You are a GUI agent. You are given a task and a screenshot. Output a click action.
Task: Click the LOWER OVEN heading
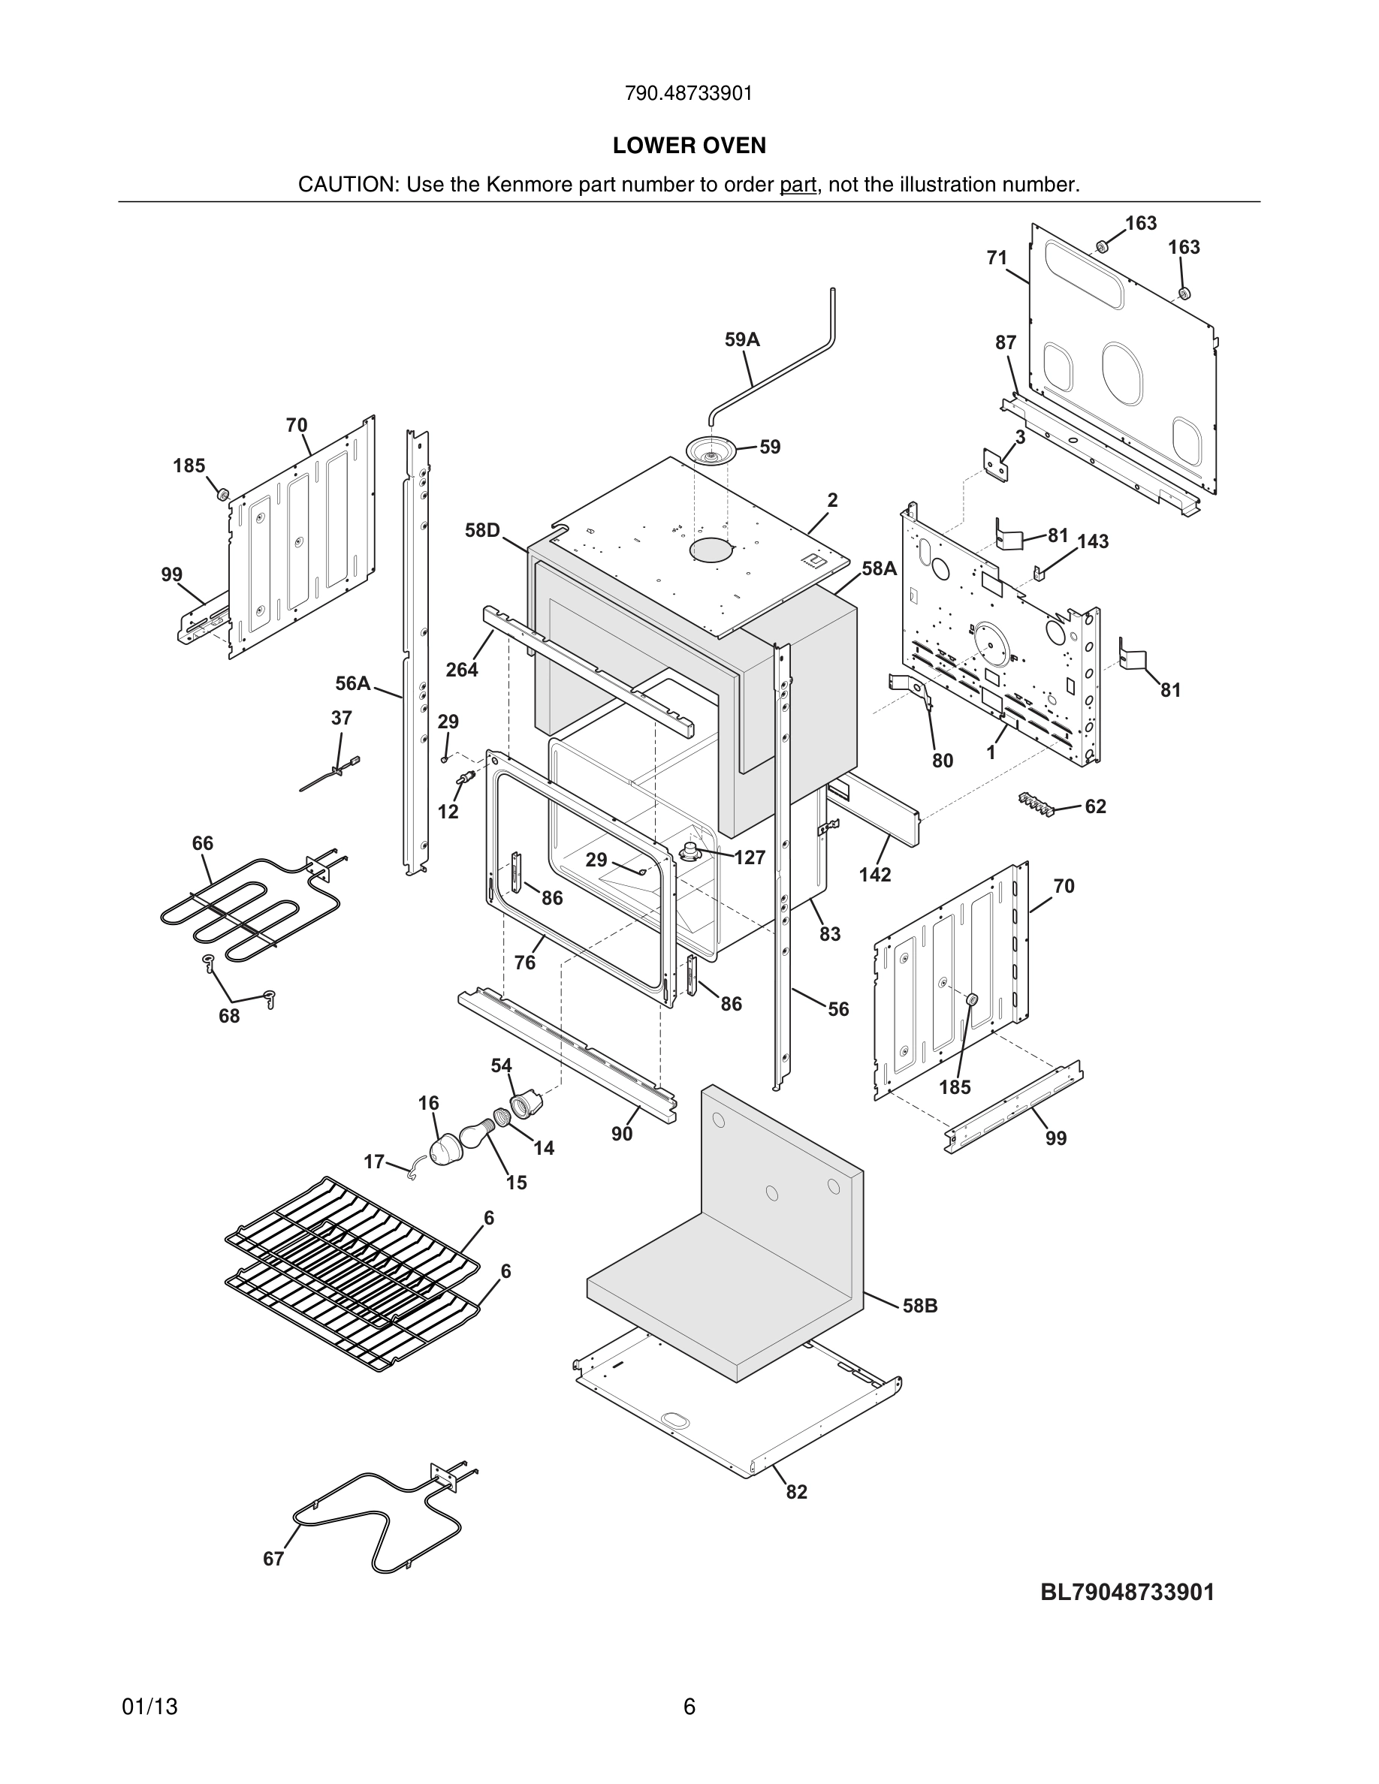pyautogui.click(x=689, y=146)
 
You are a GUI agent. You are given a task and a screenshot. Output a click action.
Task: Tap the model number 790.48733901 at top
pyautogui.click(x=689, y=94)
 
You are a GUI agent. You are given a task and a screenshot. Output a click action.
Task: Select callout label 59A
pyautogui.click(x=742, y=340)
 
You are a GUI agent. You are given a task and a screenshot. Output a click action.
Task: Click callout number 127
pyautogui.click(x=749, y=857)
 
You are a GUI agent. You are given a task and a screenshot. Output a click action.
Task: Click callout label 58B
pyautogui.click(x=920, y=1305)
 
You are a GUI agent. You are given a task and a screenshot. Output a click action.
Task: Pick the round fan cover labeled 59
pyautogui.click(x=711, y=452)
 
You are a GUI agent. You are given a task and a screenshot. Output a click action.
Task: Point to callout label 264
pyautogui.click(x=462, y=670)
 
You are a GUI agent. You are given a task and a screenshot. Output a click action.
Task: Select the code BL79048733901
pyautogui.click(x=1127, y=1592)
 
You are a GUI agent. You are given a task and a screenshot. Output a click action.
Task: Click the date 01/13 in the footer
pyautogui.click(x=149, y=1707)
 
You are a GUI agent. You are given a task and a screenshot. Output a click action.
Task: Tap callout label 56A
pyautogui.click(x=353, y=683)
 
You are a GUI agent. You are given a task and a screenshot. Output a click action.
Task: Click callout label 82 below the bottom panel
pyautogui.click(x=796, y=1492)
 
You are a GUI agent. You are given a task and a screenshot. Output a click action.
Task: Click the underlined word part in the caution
pyautogui.click(x=798, y=185)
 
